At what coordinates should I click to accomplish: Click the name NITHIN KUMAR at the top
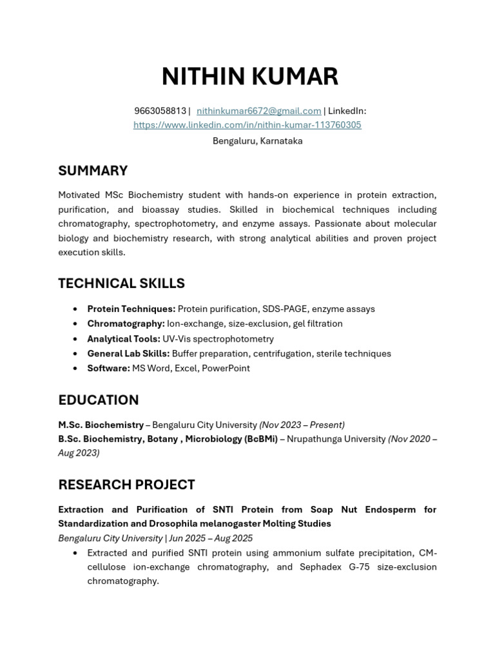(249, 77)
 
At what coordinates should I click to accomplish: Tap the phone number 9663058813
(160, 111)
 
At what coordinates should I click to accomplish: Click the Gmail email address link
(258, 111)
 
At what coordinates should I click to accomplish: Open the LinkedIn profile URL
(247, 125)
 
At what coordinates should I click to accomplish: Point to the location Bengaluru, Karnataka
(257, 141)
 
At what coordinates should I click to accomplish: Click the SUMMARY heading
(93, 171)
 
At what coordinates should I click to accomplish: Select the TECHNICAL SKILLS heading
(121, 284)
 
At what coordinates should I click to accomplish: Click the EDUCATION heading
(98, 400)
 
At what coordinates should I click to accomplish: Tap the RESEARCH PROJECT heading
(126, 485)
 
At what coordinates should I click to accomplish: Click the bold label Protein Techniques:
(131, 309)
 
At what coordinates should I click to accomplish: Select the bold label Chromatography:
(126, 324)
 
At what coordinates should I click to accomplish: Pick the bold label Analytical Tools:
(124, 338)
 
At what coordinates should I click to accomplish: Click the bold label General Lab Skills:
(128, 353)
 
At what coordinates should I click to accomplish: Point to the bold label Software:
(108, 368)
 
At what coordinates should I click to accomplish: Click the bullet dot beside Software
(76, 369)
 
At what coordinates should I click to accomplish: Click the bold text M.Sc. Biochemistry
(101, 425)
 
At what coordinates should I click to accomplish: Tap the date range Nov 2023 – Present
(302, 425)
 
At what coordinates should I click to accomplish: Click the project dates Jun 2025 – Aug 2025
(211, 538)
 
